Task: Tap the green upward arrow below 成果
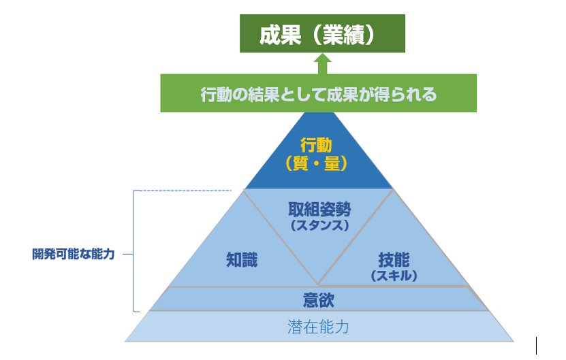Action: click(322, 64)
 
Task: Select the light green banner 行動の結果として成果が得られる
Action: click(318, 94)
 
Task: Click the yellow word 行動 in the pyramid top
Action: click(318, 145)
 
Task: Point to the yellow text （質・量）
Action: click(318, 163)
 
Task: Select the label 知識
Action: click(242, 259)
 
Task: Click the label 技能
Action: click(394, 259)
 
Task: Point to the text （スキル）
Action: click(394, 275)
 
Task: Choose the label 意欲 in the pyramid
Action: click(318, 299)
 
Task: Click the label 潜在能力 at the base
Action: click(318, 327)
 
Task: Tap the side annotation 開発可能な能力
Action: click(73, 254)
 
